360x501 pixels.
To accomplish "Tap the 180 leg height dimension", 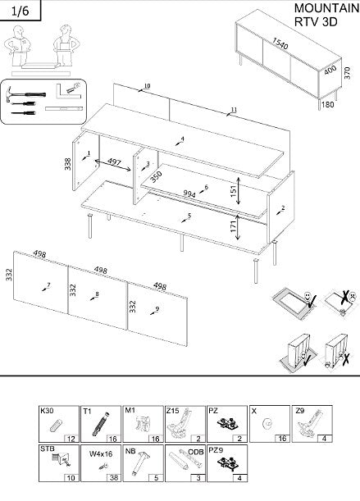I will click(x=326, y=104).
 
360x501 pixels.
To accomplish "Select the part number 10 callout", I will click(x=147, y=86).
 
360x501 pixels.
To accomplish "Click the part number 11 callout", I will click(x=234, y=109).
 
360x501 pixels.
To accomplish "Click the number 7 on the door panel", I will click(x=48, y=285).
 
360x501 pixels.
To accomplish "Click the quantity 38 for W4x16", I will click(x=113, y=477).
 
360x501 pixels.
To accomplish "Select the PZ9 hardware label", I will click(x=215, y=449).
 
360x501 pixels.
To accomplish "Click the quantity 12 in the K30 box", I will click(x=72, y=439).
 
